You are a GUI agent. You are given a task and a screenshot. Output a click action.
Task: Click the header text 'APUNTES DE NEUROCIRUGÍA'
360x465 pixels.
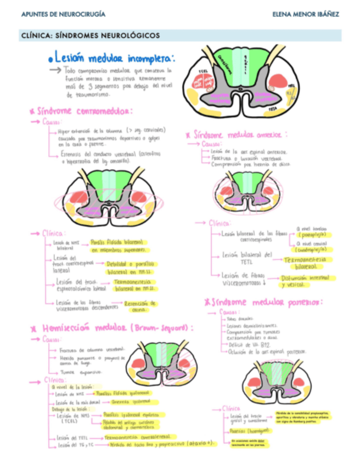coord(63,14)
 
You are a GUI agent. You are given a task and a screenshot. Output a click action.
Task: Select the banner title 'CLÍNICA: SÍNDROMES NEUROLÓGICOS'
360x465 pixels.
coord(90,36)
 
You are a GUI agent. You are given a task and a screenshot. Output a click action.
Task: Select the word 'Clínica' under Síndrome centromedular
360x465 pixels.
coord(54,232)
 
